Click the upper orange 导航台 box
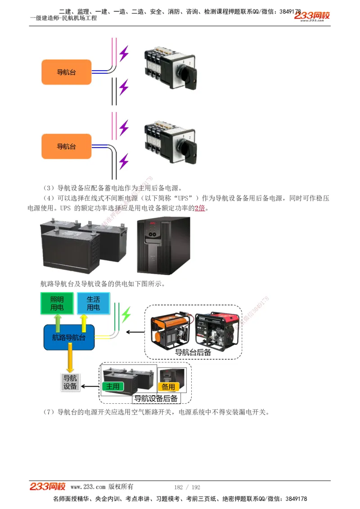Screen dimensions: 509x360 66,72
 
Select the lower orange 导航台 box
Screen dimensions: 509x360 66,146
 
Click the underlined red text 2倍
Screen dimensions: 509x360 199,208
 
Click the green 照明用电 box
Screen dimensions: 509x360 57,304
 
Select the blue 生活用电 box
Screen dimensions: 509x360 93,304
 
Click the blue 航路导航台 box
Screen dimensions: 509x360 69,337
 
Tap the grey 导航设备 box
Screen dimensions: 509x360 70,382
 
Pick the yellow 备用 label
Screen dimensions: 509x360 168,387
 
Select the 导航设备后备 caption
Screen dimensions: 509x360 156,398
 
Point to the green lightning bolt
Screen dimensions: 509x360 126,314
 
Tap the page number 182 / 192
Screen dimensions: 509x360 187,487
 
